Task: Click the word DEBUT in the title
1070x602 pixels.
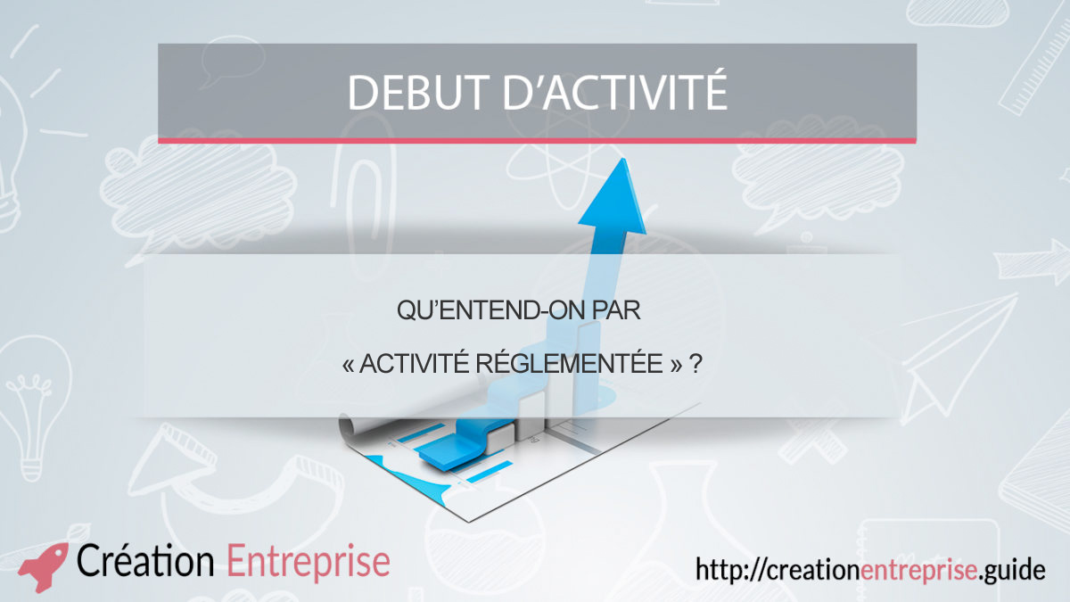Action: click(x=416, y=92)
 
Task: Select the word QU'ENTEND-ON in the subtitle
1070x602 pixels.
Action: click(x=490, y=310)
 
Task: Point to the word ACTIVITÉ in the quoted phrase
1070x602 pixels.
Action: click(x=414, y=363)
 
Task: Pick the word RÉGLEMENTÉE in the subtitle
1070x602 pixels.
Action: click(x=570, y=363)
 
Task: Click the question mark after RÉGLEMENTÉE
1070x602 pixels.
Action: click(x=696, y=364)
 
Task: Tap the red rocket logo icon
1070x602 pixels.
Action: click(x=44, y=566)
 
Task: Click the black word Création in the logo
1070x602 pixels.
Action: click(x=145, y=560)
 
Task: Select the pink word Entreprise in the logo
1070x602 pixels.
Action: click(x=309, y=563)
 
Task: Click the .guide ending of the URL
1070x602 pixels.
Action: click(x=1011, y=571)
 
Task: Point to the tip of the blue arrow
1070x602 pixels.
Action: click(x=622, y=159)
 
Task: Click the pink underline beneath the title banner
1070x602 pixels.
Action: click(x=538, y=141)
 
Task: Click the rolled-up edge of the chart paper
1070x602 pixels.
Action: click(x=351, y=426)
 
